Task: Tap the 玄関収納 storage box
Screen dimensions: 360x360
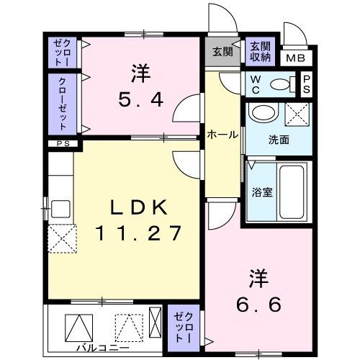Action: point(260,51)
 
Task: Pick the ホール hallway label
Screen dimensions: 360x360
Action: point(222,134)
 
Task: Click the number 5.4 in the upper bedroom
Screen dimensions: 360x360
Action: point(140,98)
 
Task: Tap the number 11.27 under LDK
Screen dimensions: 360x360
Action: point(139,233)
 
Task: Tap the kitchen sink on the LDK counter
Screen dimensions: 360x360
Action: point(60,210)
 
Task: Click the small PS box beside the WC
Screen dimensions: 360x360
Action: point(307,84)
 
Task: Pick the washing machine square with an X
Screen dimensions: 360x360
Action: point(297,115)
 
